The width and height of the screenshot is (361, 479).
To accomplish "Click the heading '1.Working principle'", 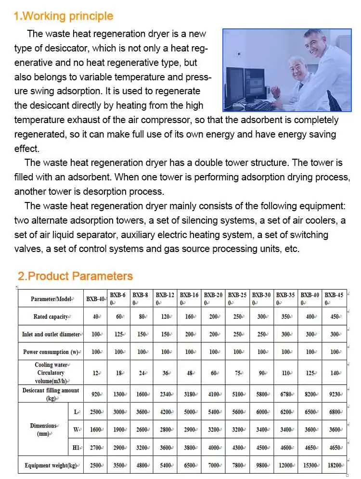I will [63, 16].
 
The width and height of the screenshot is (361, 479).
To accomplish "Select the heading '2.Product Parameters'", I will [75, 276].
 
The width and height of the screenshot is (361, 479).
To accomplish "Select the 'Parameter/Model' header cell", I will [51, 299].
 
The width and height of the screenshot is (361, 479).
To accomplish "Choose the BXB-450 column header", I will [334, 299].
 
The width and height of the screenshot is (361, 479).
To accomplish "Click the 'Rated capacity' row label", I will [51, 317].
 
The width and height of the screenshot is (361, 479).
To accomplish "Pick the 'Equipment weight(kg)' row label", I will [51, 466].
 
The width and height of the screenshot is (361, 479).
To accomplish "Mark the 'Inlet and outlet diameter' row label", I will [51, 334].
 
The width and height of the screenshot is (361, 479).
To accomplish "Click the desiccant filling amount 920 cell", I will [95, 394].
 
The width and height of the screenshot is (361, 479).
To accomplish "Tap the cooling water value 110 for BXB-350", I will [286, 373].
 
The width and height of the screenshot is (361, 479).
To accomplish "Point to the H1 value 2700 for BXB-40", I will [95, 448].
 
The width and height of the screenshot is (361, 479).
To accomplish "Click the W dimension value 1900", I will [118, 429].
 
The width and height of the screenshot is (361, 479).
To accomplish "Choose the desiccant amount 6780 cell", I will [286, 394].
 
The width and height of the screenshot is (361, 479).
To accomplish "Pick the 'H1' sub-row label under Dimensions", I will [76, 448].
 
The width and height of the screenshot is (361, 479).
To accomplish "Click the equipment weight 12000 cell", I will [286, 466].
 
